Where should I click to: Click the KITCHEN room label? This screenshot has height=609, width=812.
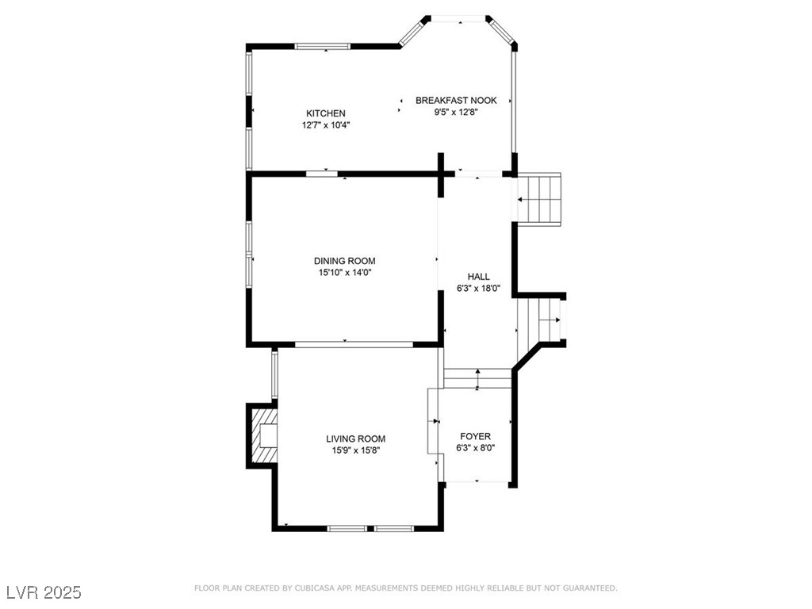point(326,113)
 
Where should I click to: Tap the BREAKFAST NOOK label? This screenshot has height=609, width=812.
point(456,100)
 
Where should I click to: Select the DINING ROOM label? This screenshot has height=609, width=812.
point(344,261)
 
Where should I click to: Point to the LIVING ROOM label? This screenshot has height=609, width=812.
point(355,439)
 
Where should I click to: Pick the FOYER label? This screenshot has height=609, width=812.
point(476,436)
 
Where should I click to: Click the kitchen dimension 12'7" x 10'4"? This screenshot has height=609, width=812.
point(326,125)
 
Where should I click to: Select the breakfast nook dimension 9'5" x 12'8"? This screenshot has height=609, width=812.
point(456,113)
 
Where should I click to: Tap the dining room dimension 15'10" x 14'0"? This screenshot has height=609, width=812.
point(344,273)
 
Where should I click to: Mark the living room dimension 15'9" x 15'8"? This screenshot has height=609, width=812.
point(355,450)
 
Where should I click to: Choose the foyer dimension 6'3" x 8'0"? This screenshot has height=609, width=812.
point(476,448)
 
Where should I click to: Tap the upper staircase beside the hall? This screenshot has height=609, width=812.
point(538,198)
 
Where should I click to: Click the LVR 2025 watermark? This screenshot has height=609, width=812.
point(43,592)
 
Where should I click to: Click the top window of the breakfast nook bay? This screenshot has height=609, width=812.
point(458,17)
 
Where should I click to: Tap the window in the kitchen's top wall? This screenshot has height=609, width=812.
point(322,47)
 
